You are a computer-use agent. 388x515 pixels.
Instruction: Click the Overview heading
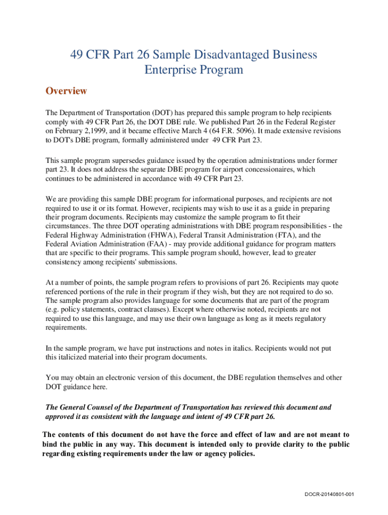[x=66, y=91]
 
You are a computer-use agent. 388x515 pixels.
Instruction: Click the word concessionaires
[x=264, y=169]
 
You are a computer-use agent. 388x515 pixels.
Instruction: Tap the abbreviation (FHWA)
[x=146, y=235]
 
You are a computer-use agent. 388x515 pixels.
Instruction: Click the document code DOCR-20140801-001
[x=329, y=494]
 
